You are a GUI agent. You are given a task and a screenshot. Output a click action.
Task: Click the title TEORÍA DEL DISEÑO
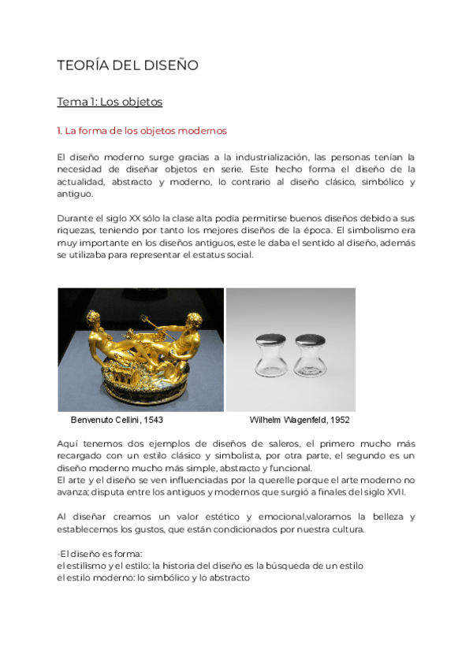(128, 65)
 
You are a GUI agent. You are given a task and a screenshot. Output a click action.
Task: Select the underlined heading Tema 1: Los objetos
(110, 102)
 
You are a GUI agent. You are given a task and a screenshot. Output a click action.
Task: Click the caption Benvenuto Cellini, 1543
(117, 420)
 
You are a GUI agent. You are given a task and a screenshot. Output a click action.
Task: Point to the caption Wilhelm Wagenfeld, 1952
(300, 420)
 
